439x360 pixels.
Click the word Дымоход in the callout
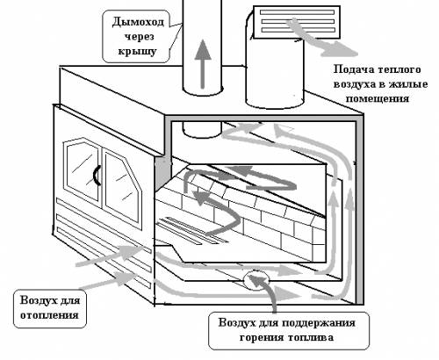(x=138, y=22)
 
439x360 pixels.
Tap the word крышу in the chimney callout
(x=137, y=51)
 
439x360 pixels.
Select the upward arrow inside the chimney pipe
(x=203, y=63)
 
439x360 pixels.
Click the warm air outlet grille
(x=296, y=22)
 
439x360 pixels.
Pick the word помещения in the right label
(x=378, y=98)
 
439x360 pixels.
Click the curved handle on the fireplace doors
(x=97, y=175)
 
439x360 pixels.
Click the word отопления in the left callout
(x=49, y=315)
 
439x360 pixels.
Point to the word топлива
(x=311, y=337)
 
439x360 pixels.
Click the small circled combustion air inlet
(x=256, y=280)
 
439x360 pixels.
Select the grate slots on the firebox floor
(x=191, y=231)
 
